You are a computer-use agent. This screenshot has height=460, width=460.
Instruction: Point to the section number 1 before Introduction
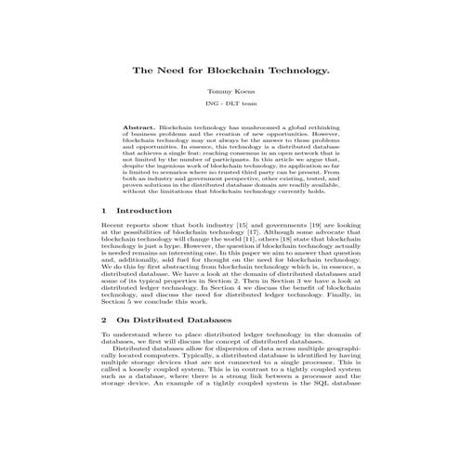[103, 211]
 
